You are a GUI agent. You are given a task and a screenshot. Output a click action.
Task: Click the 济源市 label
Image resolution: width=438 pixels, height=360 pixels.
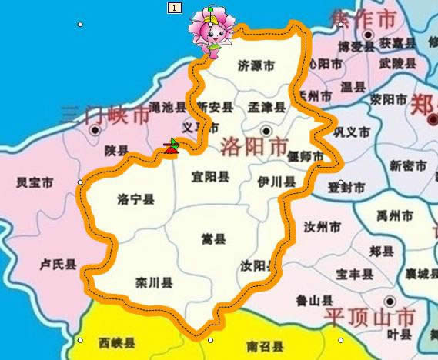(x=256, y=67)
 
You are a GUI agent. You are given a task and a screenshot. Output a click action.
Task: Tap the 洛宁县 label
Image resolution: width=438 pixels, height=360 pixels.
(x=135, y=200)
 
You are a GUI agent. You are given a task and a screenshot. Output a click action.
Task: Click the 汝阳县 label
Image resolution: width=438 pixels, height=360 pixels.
(x=256, y=266)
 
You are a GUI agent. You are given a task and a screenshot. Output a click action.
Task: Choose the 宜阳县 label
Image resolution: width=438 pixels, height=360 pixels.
(x=210, y=177)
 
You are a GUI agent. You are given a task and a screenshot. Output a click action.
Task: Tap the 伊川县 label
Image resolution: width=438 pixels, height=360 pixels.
(x=277, y=182)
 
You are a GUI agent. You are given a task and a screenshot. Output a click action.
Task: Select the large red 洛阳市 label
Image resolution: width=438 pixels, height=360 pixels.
(x=255, y=146)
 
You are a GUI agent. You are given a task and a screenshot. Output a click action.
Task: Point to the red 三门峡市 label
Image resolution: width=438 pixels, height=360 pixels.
(x=105, y=116)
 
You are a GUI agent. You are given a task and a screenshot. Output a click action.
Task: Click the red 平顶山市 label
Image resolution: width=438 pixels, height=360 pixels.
(x=369, y=317)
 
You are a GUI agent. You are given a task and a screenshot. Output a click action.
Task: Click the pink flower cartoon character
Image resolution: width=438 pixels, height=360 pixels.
(x=213, y=29)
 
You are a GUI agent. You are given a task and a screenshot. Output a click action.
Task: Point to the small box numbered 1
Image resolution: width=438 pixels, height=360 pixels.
(x=175, y=7)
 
